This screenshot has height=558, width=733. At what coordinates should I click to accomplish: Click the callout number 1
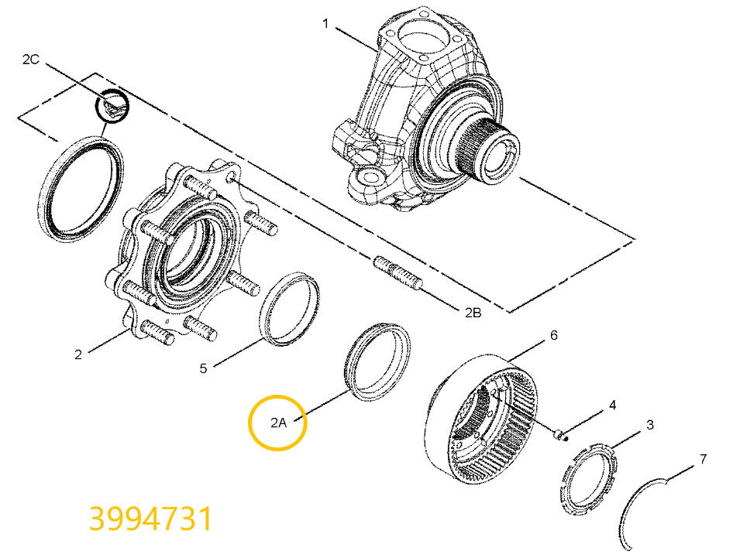coord(326,24)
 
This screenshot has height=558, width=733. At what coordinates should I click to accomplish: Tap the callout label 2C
coord(30,59)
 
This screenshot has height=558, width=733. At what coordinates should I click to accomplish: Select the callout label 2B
coord(473,313)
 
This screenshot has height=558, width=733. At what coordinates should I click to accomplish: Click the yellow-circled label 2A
coord(278,423)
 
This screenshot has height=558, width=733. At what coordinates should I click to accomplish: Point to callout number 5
coord(204,368)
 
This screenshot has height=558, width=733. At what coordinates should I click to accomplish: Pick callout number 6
coord(553,335)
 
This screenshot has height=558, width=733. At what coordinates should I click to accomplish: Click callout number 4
coord(612,405)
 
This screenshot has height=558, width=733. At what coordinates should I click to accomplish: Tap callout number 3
coord(650,425)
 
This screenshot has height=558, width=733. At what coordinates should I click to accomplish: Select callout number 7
coord(703,459)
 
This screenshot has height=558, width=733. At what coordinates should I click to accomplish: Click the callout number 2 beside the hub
coord(78,355)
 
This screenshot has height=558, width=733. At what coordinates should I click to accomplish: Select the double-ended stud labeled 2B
coord(399,274)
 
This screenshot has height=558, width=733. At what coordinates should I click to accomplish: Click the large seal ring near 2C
coord(78,186)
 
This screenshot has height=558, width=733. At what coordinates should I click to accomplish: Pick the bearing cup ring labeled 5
coord(293,307)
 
